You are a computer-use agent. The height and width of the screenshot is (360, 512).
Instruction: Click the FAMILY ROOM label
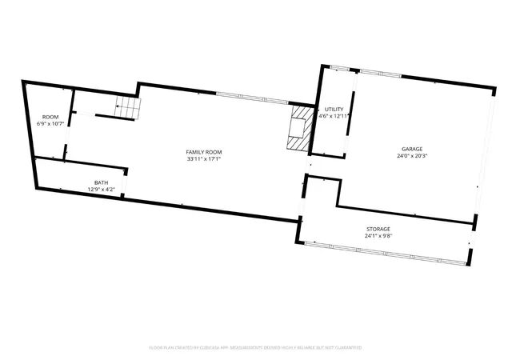point(204,152)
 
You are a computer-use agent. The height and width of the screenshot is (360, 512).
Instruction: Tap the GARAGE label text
point(412,149)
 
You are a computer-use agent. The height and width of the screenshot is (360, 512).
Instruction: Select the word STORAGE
point(378,229)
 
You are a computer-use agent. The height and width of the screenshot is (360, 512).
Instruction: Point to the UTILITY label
point(334,109)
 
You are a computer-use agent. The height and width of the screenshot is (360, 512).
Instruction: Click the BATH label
point(102,182)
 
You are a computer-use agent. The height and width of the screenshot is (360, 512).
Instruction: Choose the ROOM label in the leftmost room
point(50,117)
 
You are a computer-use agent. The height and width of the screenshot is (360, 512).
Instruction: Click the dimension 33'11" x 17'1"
point(204,159)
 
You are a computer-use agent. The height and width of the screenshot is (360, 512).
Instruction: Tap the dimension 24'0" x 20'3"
point(412,156)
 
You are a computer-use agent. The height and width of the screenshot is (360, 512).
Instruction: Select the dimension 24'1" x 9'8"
point(378,236)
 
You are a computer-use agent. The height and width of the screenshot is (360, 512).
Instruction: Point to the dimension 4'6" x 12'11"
point(334,116)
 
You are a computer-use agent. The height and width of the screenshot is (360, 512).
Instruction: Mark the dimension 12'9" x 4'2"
point(102,189)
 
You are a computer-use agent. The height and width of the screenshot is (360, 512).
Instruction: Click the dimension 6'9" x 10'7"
point(50,124)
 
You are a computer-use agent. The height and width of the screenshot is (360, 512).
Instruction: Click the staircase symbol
point(128,108)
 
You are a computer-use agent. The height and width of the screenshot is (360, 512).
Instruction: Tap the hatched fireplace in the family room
point(301,128)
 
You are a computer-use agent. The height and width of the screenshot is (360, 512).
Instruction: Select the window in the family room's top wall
point(252,98)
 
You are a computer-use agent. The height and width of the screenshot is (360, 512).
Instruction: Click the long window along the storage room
point(385,253)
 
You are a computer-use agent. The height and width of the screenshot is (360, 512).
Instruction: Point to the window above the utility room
point(339,68)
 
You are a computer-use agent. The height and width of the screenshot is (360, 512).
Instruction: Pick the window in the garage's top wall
point(381,74)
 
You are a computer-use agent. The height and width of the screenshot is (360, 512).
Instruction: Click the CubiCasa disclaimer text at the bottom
point(256,347)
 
